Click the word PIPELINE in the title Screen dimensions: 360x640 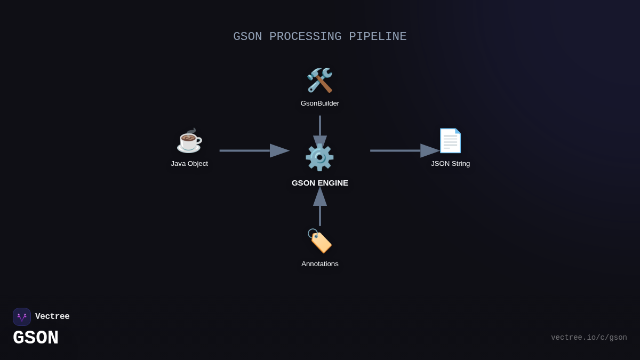coord(378,37)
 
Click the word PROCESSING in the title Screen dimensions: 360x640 coord(305,37)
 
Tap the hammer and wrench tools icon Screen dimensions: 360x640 coord(319,80)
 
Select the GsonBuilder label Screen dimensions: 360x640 coord(320,103)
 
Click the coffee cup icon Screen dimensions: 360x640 coord(189,141)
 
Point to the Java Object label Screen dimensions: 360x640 coord(189,164)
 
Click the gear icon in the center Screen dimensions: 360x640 coord(319,157)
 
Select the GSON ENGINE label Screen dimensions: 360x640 coord(320,183)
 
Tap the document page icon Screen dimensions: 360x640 coord(450,141)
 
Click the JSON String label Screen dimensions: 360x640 coord(451,164)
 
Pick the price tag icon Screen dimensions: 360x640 coord(319,241)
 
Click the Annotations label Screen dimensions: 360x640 coord(320,264)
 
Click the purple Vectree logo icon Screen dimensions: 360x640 coord(22,317)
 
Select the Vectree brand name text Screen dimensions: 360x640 coord(52,317)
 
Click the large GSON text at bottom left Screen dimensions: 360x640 coord(36,338)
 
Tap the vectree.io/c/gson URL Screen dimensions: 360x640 coord(589,338)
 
